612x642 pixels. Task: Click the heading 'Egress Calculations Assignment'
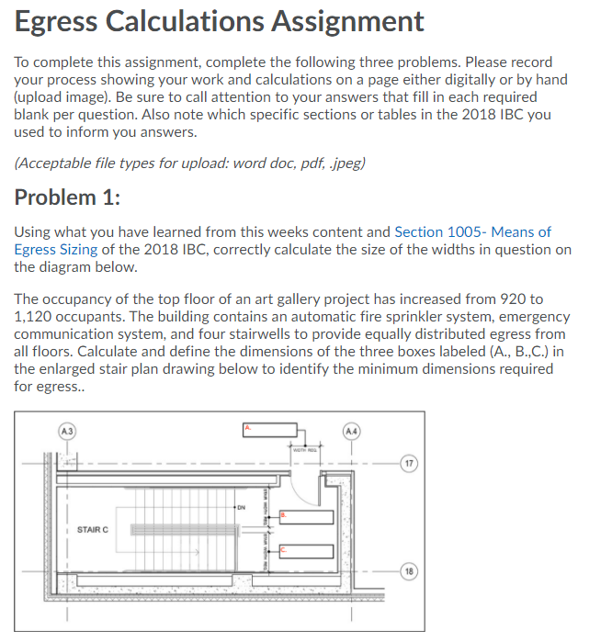(x=220, y=21)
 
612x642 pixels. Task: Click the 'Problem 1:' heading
(x=69, y=197)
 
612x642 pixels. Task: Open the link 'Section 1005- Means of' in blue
(x=472, y=232)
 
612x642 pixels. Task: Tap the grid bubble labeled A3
(x=65, y=429)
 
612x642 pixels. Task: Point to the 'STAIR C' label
(x=93, y=529)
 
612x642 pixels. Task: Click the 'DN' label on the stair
(x=241, y=505)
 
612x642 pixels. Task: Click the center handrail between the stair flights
(x=184, y=530)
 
